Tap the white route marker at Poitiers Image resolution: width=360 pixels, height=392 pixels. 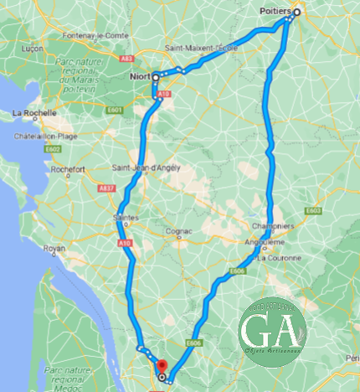pos(296,13)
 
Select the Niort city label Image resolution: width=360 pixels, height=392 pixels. pos(140,77)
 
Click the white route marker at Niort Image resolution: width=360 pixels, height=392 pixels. pos(156,77)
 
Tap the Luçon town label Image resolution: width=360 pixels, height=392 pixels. pos(31,49)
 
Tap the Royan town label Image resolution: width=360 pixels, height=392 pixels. pos(54,249)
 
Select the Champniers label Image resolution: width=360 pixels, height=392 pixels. pos(270,225)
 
